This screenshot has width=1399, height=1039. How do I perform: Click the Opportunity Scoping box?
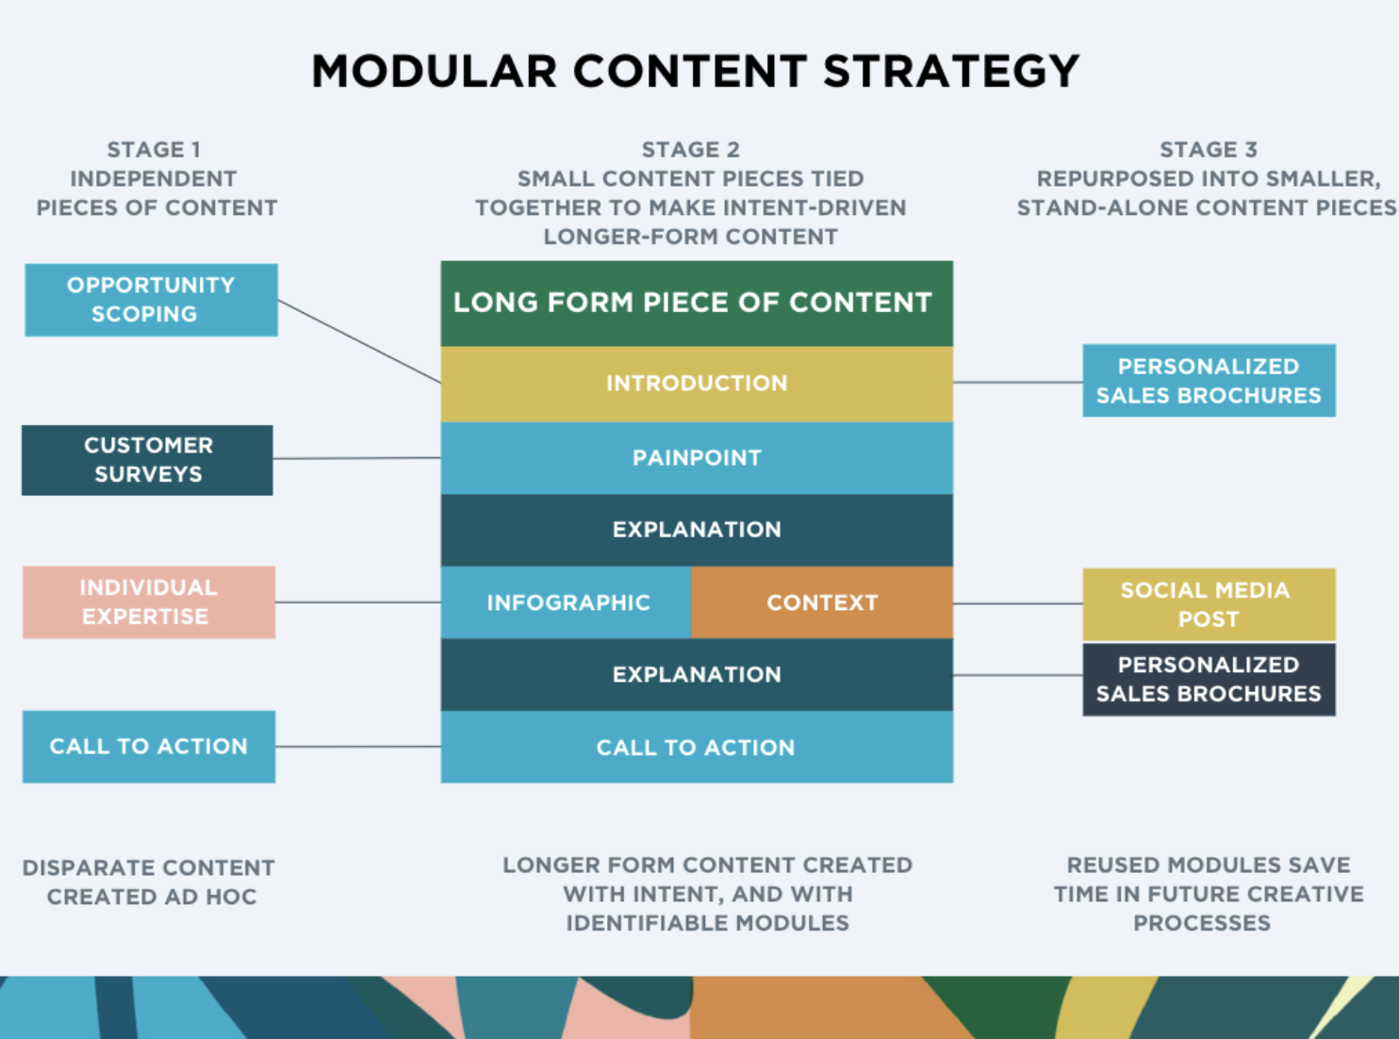point(151,300)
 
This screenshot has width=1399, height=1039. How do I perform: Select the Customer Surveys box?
point(147,460)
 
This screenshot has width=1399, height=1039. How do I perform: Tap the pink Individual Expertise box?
point(149,602)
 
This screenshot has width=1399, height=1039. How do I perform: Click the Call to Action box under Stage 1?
point(149,747)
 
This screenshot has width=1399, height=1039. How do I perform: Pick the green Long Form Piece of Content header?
point(697,303)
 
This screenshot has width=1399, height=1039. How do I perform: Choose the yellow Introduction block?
point(697,384)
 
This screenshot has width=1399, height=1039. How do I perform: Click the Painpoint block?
point(697,458)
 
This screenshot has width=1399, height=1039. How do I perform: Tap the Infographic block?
point(567,602)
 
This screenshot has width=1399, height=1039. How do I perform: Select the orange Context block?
point(822,602)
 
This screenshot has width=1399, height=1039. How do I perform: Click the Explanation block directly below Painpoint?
point(697,530)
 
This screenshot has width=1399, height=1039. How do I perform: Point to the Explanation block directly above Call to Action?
point(697,675)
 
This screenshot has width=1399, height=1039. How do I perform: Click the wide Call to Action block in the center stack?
point(697,748)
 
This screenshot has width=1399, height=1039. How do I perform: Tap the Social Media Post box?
point(1209,604)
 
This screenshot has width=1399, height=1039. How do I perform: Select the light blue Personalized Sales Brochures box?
point(1209,381)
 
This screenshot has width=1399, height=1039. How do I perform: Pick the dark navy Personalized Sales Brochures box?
point(1209,680)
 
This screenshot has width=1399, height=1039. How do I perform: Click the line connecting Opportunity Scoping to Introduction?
point(359,341)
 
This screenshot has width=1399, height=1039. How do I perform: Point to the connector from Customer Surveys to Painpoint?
point(356,458)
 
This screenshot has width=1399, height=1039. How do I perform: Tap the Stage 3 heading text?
point(1208,150)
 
